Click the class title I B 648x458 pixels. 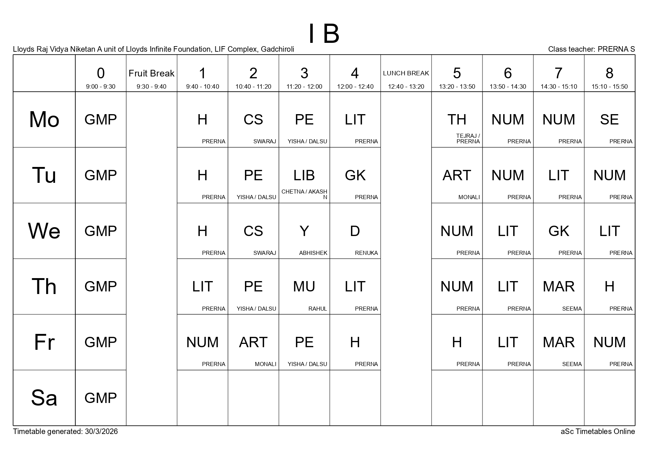(x=324, y=34)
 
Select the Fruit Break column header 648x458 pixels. (x=151, y=74)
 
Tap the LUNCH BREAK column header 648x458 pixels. (x=406, y=73)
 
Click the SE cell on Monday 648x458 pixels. (x=609, y=120)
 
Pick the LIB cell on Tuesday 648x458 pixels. (x=304, y=175)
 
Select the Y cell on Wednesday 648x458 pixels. (x=304, y=231)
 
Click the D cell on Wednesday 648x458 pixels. (x=355, y=231)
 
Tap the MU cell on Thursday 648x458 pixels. (x=304, y=287)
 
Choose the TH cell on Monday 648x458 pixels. (x=457, y=120)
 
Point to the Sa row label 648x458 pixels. (x=44, y=398)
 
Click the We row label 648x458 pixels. (x=44, y=231)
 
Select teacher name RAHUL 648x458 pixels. (x=318, y=309)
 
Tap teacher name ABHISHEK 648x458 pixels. (x=313, y=253)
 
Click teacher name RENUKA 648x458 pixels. (x=366, y=253)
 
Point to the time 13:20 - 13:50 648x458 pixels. (x=457, y=87)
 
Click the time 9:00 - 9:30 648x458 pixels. (x=100, y=87)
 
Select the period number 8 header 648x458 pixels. (x=609, y=74)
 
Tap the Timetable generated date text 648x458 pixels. (x=65, y=431)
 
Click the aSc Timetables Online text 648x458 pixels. (x=597, y=431)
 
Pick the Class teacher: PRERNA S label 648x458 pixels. (x=591, y=49)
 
